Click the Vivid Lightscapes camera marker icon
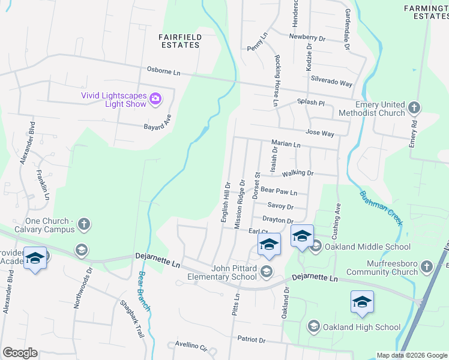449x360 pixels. tap(155, 98)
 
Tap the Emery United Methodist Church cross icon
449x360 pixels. tap(414, 107)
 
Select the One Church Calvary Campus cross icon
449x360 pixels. tap(84, 224)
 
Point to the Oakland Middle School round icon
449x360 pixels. tap(316, 246)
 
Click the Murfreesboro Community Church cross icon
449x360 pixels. tap(426, 266)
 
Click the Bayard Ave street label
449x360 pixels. tap(157, 123)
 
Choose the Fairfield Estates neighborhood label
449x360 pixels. tap(179, 41)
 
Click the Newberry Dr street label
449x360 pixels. tap(307, 37)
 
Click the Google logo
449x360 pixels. tap(20, 353)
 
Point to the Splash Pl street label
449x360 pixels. tap(311, 103)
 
